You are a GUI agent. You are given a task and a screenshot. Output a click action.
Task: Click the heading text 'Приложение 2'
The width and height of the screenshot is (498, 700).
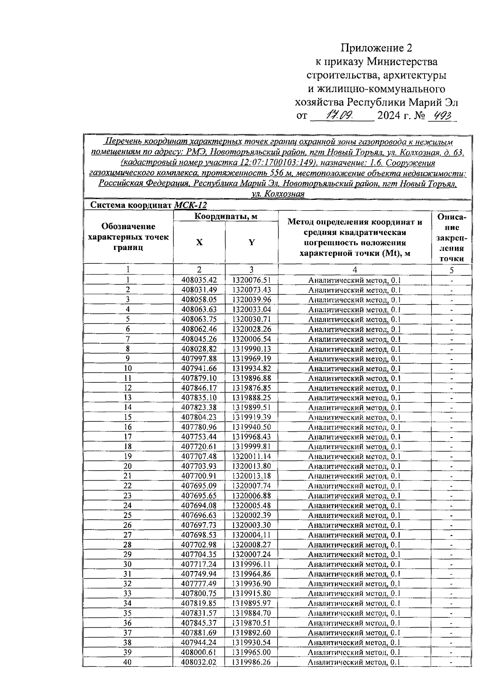pos(377,48)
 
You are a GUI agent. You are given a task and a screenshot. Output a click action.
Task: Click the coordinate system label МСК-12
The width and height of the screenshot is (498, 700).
pos(190,205)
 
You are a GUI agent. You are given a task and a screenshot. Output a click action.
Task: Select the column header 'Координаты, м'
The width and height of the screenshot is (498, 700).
pos(226,216)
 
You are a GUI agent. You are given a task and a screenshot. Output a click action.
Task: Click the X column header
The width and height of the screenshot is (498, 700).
pos(199,243)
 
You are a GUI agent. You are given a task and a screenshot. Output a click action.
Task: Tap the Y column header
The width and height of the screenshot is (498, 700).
pos(251,243)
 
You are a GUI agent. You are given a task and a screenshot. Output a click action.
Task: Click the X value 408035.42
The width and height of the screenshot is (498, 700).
pos(199,280)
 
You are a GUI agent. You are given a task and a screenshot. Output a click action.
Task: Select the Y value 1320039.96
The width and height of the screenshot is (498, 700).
pos(251,299)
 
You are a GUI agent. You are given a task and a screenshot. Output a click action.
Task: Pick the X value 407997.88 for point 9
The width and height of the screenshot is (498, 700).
pos(199,359)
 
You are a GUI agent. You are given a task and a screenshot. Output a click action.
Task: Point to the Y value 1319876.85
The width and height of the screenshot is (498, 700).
pos(251,388)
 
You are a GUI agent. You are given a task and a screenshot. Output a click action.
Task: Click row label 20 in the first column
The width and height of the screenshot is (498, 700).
pos(128,467)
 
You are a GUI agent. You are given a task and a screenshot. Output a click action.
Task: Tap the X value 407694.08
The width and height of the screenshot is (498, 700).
pos(199,506)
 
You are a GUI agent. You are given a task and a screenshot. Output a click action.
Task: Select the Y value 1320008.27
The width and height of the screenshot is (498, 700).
pos(251,545)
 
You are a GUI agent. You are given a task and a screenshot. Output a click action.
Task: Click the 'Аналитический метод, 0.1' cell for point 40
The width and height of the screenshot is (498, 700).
pos(354,663)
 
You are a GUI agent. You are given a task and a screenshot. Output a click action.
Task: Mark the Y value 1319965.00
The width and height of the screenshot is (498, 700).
pos(251,653)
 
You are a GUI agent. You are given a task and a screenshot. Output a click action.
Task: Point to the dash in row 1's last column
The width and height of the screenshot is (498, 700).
pos(452,281)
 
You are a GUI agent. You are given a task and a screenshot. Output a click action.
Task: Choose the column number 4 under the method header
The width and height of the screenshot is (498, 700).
pos(354,270)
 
